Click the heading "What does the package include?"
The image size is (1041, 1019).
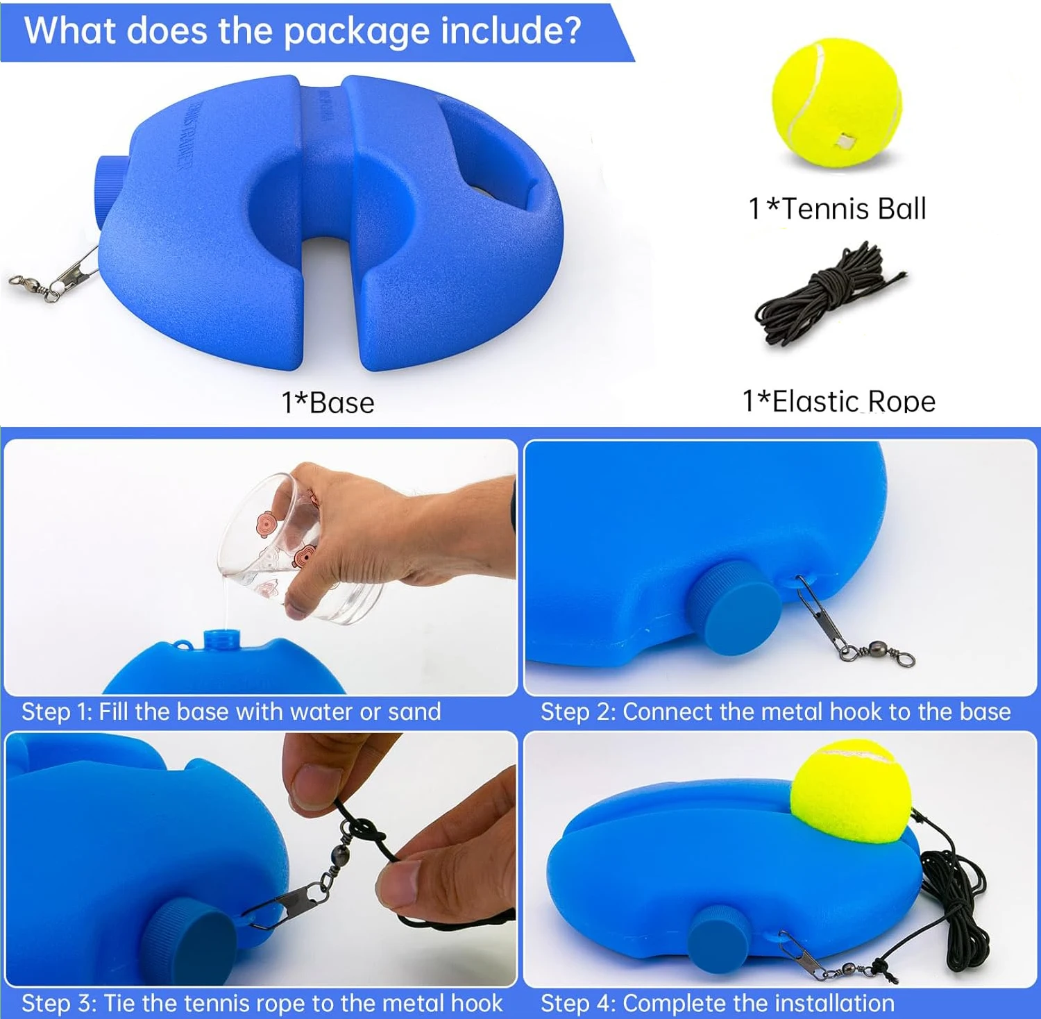click(x=303, y=32)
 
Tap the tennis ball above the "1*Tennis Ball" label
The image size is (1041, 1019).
click(x=837, y=103)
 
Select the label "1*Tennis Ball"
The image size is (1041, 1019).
click(x=837, y=208)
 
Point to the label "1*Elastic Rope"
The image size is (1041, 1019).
click(x=838, y=401)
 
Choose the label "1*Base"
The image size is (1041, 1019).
click(x=328, y=403)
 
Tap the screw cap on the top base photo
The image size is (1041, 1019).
click(x=105, y=189)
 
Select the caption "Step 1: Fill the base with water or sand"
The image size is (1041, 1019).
click(x=231, y=711)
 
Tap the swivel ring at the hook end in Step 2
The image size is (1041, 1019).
click(x=904, y=657)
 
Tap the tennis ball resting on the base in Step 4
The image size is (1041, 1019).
click(x=852, y=791)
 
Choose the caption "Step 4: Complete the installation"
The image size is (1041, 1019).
click(x=718, y=1003)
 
